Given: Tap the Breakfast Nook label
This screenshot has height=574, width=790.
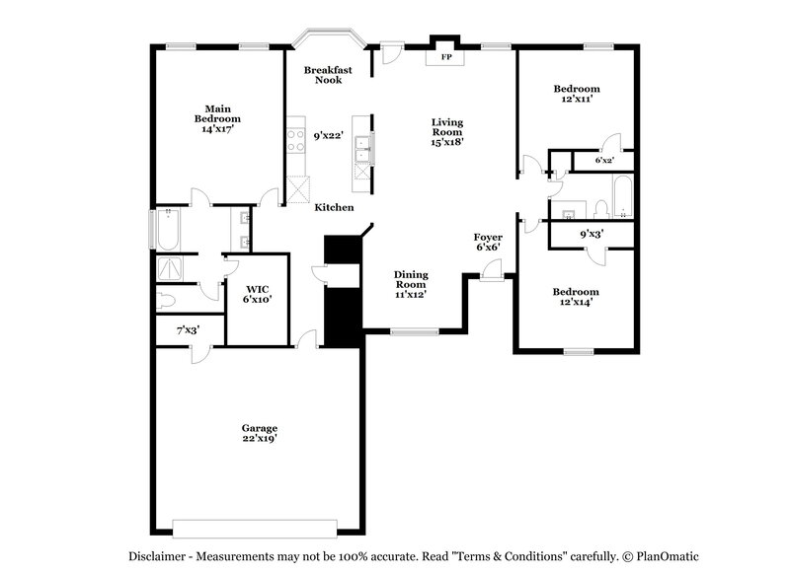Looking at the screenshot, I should coord(328,75).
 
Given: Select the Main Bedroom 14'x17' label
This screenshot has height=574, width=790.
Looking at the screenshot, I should coord(217,118).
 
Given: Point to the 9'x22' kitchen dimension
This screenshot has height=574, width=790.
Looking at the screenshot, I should coord(328,136).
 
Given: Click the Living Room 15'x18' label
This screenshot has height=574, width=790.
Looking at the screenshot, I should coord(446,132).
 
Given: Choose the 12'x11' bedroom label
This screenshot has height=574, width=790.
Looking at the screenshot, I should coord(576,95).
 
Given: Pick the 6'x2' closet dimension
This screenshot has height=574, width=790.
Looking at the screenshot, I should coord(604,160).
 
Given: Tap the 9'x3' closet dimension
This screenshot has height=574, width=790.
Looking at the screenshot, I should coord(591,234).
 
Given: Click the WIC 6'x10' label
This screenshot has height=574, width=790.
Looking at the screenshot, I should coord(258,293).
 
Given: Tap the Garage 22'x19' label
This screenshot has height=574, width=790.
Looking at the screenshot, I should coord(260,433).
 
